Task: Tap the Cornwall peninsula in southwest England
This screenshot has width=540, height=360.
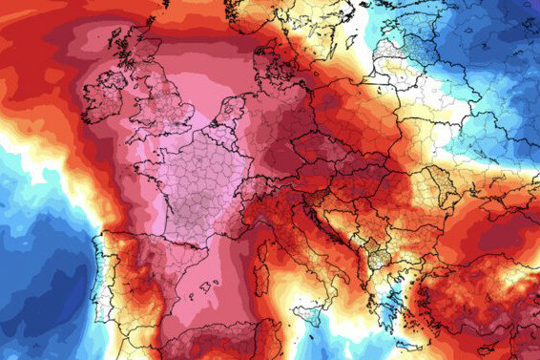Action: tap(135, 135)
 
